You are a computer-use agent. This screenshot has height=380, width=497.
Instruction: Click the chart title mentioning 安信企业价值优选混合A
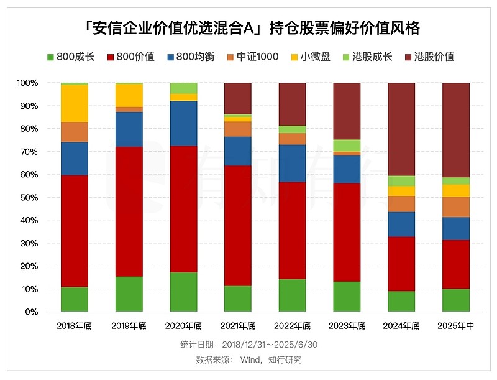coord(248,28)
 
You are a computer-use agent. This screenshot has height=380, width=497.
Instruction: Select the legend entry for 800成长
coord(70,57)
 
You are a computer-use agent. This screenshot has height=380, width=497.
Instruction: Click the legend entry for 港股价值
coord(429,57)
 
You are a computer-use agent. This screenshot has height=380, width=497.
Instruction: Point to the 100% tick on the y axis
coord(27,83)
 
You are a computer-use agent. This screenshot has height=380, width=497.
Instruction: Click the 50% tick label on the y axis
coord(29,198)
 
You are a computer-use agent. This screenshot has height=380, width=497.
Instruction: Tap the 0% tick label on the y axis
coord(32,312)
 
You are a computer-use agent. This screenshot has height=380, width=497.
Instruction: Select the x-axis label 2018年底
coord(75,325)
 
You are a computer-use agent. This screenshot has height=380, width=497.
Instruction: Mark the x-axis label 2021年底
coord(238,325)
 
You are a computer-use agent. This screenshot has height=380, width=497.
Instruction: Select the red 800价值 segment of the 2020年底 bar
coord(183,209)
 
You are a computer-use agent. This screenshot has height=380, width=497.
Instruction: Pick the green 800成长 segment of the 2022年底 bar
coord(292,295)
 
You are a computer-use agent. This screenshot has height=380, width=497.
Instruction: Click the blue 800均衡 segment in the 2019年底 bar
coord(129,129)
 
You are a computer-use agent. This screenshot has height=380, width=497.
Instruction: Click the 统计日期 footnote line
coord(248,345)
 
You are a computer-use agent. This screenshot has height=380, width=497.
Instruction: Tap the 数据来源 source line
coord(248,359)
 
